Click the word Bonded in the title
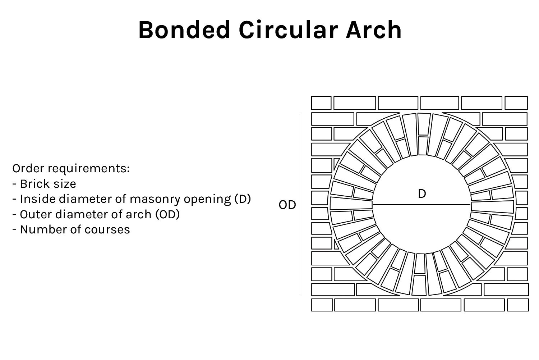point(184,30)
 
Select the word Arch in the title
point(374,30)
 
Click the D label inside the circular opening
point(422,194)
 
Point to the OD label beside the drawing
point(287,205)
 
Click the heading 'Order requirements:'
point(71,168)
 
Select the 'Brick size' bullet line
point(44,184)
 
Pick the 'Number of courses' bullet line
point(71,229)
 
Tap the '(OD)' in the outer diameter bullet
point(167,214)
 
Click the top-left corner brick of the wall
point(321,103)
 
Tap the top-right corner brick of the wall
point(516,103)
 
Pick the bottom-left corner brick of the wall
point(322,305)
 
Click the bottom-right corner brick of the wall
point(518,305)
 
